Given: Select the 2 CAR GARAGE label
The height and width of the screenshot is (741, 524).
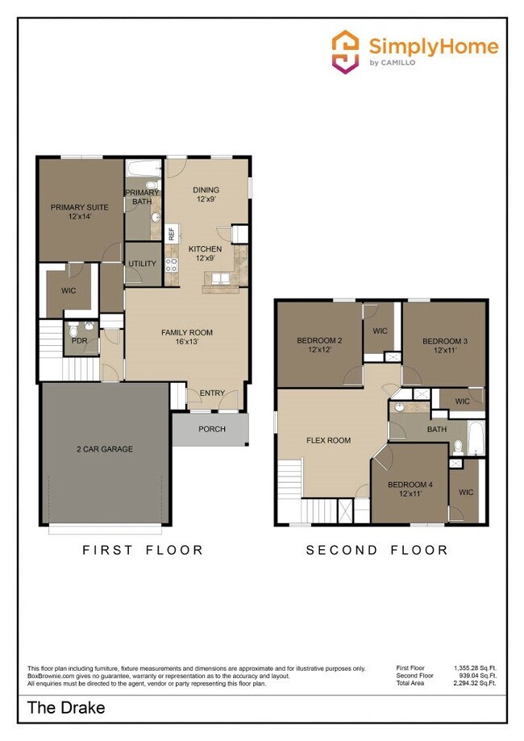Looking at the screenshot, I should pyautogui.click(x=104, y=449).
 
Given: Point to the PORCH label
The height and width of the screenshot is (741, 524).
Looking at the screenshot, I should pyautogui.click(x=211, y=429).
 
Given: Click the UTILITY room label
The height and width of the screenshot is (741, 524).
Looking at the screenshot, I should pyautogui.click(x=142, y=264).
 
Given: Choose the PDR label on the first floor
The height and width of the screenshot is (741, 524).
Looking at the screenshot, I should pyautogui.click(x=78, y=341).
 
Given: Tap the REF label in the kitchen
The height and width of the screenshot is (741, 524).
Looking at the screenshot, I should pyautogui.click(x=171, y=234).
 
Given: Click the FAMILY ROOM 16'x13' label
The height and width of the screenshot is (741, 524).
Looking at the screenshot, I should pyautogui.click(x=186, y=337).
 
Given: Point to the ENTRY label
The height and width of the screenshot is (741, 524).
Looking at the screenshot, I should pyautogui.click(x=212, y=393).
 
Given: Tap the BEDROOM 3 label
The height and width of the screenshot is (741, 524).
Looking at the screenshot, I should pyautogui.click(x=445, y=346).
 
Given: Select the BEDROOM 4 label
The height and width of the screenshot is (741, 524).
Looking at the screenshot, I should pyautogui.click(x=410, y=489).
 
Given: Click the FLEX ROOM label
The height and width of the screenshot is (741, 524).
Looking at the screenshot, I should pyautogui.click(x=328, y=440).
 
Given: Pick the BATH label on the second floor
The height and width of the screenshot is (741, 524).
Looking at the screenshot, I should pyautogui.click(x=436, y=429).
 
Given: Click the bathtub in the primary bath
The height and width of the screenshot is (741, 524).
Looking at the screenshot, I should pyautogui.click(x=143, y=170).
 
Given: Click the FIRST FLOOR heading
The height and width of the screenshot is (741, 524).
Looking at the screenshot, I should pyautogui.click(x=143, y=550).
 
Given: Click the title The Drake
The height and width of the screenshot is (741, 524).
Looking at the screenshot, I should pyautogui.click(x=66, y=709).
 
